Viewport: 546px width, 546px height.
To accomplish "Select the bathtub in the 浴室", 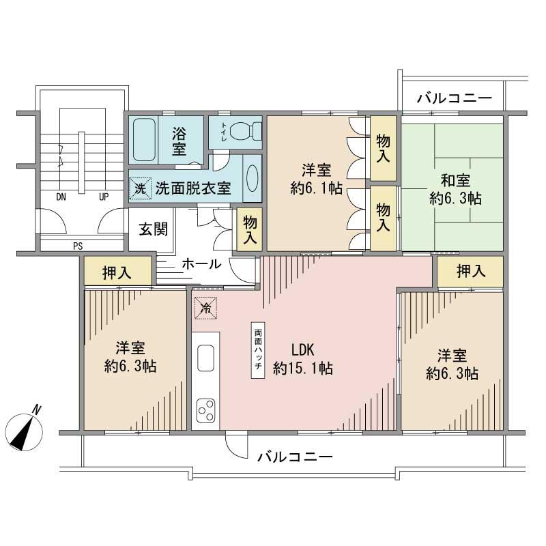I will [144, 139].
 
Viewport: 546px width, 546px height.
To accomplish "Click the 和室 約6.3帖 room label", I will [455, 190].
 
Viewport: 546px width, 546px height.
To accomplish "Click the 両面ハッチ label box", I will [258, 347].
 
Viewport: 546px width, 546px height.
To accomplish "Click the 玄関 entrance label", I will [154, 229].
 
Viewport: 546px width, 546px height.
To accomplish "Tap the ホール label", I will [201, 264].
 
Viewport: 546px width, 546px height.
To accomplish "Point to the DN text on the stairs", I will [61, 197].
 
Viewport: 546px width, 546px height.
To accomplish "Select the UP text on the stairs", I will [104, 197].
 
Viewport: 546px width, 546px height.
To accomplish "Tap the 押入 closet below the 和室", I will [470, 271].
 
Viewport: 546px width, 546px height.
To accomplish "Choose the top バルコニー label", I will [454, 98].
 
